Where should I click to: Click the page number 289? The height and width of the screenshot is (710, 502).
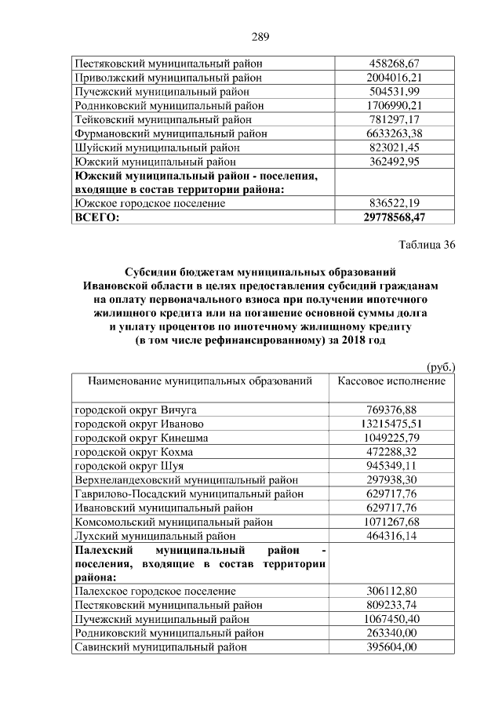[260, 35]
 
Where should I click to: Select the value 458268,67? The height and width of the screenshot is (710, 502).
[395, 64]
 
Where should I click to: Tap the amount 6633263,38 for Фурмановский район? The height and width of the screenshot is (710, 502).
[395, 134]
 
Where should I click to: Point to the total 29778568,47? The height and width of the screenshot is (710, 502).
[395, 217]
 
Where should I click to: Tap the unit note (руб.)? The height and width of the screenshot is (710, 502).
[441, 366]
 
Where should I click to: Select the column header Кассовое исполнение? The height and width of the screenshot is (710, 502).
[392, 380]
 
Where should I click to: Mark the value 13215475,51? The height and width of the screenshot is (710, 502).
[395, 424]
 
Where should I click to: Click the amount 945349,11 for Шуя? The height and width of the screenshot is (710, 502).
[395, 466]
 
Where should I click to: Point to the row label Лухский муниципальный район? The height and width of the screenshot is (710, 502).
[155, 537]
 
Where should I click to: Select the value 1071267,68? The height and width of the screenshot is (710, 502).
[395, 522]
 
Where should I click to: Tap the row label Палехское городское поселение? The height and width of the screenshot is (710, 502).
[155, 591]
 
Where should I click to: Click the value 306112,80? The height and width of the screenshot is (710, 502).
[395, 591]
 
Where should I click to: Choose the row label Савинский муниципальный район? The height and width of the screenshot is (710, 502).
[161, 647]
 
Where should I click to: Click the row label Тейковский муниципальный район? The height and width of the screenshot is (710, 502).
[163, 120]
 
